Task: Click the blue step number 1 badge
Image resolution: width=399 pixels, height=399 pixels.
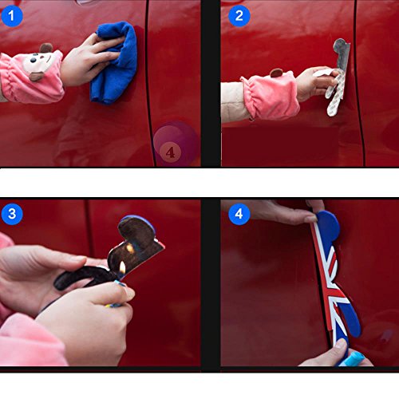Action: tap(12, 16)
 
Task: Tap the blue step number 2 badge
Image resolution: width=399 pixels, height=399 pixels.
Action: tap(239, 16)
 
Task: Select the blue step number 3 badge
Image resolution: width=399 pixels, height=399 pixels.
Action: tap(12, 214)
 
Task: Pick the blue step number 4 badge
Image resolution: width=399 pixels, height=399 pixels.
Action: tap(239, 214)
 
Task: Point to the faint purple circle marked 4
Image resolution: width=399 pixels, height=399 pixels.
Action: tap(176, 144)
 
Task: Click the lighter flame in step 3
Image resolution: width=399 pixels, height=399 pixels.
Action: tap(122, 267)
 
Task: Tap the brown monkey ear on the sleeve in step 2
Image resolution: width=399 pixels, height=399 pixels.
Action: tap(277, 73)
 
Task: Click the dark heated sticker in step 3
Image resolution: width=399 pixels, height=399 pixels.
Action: tap(112, 255)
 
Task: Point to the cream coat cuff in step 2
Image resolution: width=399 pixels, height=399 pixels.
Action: tap(234, 102)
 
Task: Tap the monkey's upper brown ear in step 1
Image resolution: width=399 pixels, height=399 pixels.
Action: tap(46, 48)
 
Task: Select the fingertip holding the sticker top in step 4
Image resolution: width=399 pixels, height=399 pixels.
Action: tap(310, 219)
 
